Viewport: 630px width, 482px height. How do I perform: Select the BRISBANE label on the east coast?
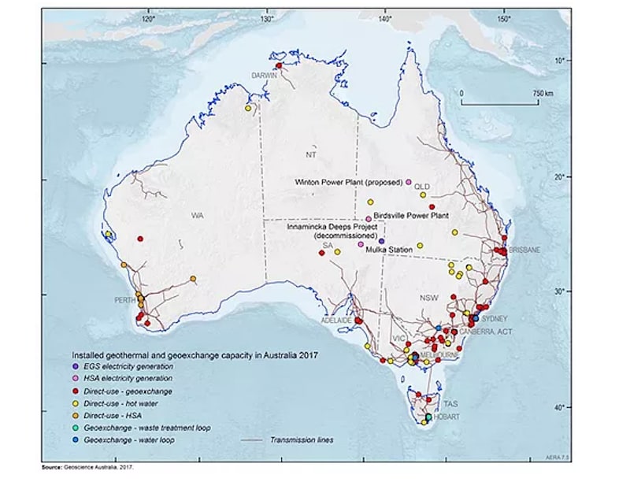pos(524,249)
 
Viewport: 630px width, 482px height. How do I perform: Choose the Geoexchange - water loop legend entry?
pos(137,439)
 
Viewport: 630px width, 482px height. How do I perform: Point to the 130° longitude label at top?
pos(266,17)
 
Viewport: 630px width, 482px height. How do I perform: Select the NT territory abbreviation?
pos(311,155)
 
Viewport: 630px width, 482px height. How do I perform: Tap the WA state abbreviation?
pos(197,214)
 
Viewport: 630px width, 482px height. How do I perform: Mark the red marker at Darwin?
pos(278,65)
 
